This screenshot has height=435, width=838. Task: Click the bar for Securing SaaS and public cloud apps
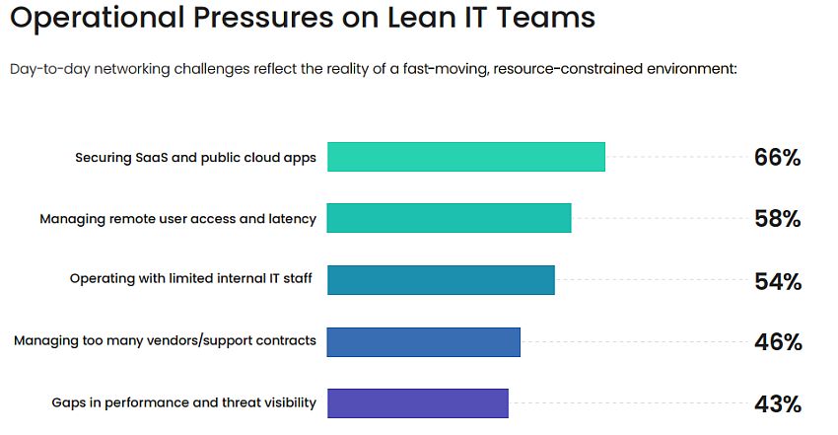(x=465, y=157)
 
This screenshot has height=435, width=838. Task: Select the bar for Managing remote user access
(x=449, y=218)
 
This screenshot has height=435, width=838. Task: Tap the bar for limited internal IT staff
(x=441, y=280)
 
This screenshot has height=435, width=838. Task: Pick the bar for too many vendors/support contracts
(x=423, y=341)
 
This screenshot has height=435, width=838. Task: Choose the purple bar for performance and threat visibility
(x=417, y=402)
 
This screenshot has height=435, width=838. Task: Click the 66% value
(x=777, y=157)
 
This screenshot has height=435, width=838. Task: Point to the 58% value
(x=777, y=219)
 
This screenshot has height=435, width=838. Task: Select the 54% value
(x=777, y=281)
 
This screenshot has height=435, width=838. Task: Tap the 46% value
(x=777, y=342)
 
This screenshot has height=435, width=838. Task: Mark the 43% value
(x=777, y=403)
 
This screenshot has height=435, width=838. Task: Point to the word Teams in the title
(x=547, y=17)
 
